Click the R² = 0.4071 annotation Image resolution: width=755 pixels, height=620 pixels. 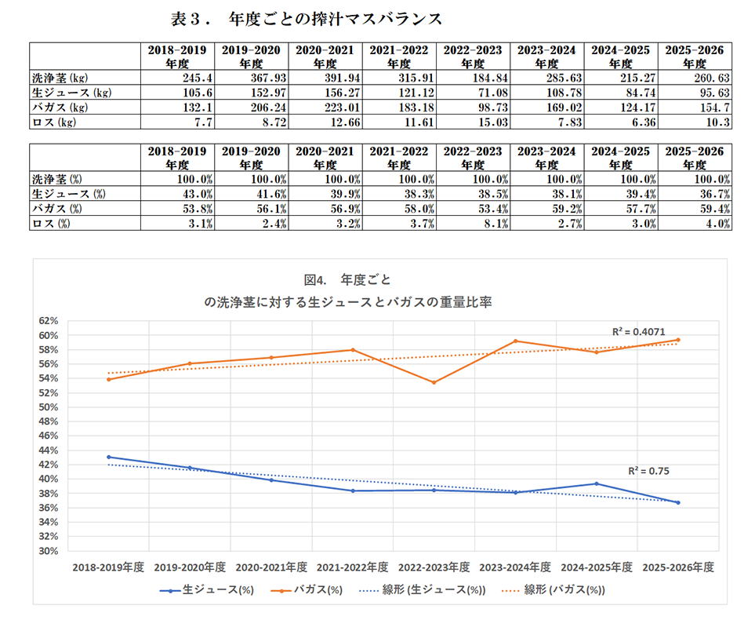tap(638, 332)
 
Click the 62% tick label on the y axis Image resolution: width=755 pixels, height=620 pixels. tap(49, 321)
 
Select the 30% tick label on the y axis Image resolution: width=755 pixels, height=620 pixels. tap(49, 551)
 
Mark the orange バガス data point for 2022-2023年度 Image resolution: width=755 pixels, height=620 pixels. tap(434, 382)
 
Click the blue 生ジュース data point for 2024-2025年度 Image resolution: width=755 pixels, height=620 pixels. tap(596, 483)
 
